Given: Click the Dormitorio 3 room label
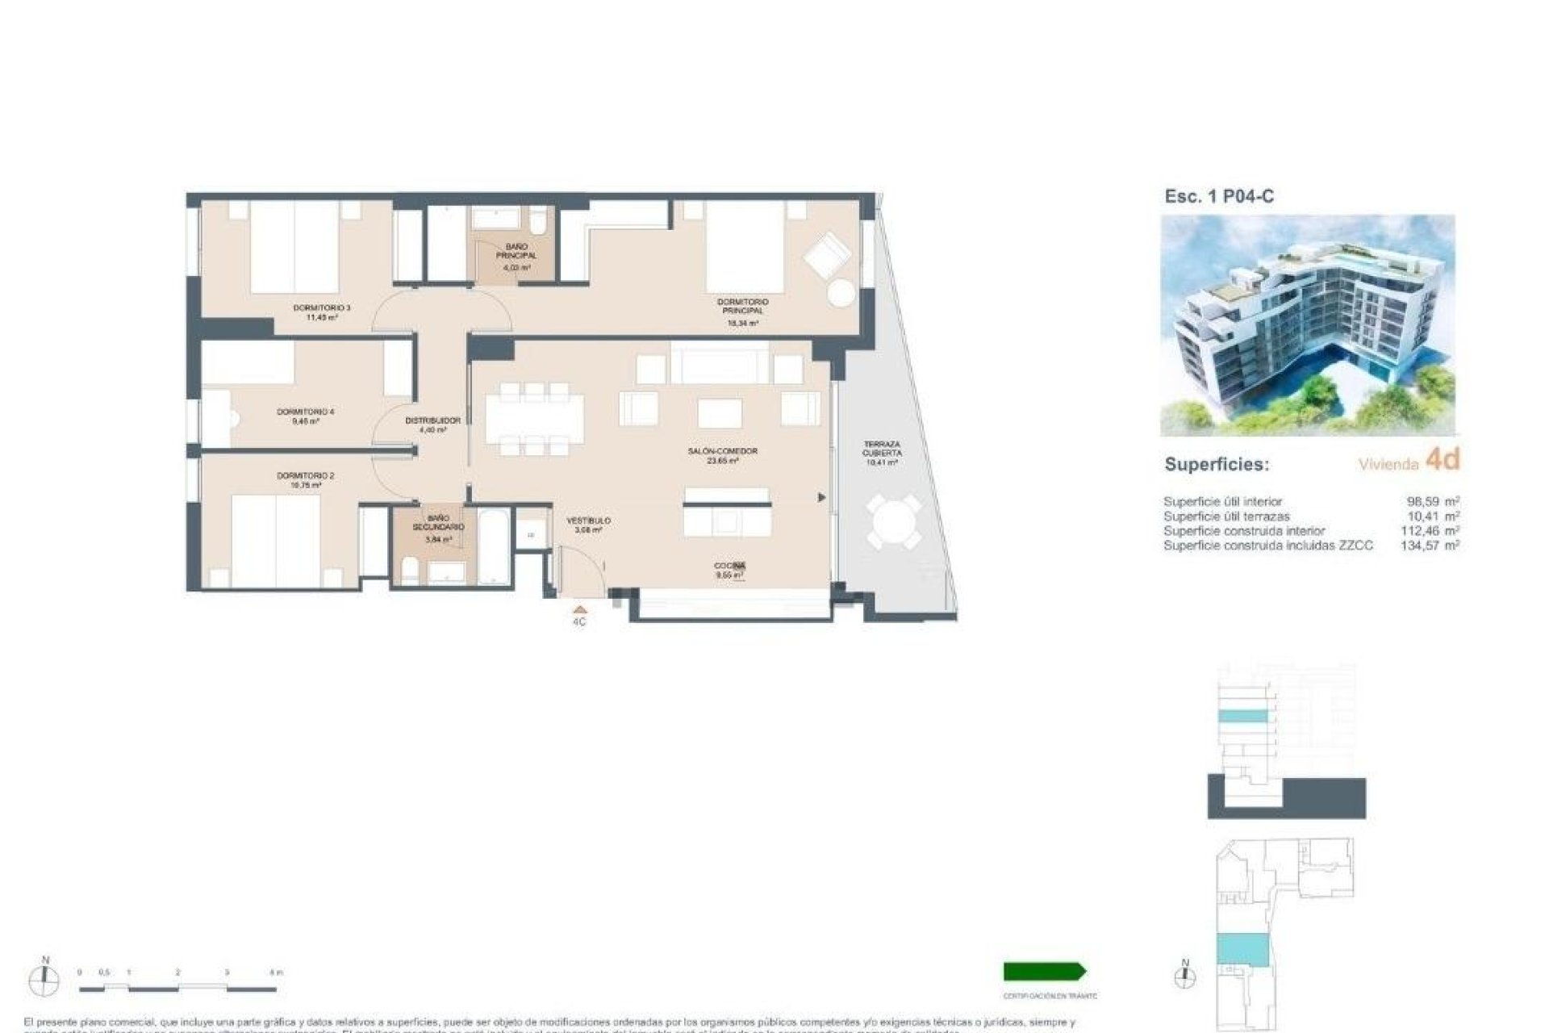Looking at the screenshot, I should pyautogui.click(x=321, y=312).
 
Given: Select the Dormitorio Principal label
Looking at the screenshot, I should pyautogui.click(x=742, y=312).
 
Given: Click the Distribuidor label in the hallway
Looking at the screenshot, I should pyautogui.click(x=432, y=424).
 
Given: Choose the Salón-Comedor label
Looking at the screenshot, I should pyautogui.click(x=722, y=455).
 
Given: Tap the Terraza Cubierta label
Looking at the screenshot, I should pyautogui.click(x=881, y=453).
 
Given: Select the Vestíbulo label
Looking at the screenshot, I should pyautogui.click(x=588, y=525).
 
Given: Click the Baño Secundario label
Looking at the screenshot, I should pyautogui.click(x=438, y=528).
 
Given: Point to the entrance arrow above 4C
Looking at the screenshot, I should pyautogui.click(x=579, y=610).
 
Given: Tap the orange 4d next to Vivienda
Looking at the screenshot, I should pyautogui.click(x=1443, y=459).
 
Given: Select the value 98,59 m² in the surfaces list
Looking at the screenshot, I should pyautogui.click(x=1433, y=501).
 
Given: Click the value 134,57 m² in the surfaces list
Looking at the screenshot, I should pyautogui.click(x=1430, y=546).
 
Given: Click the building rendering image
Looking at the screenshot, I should pyautogui.click(x=1307, y=324).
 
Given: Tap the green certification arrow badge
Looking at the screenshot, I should pyautogui.click(x=1045, y=971).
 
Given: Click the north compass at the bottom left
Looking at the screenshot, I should pyautogui.click(x=44, y=980).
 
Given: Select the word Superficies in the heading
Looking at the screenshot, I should pyautogui.click(x=1216, y=465).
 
